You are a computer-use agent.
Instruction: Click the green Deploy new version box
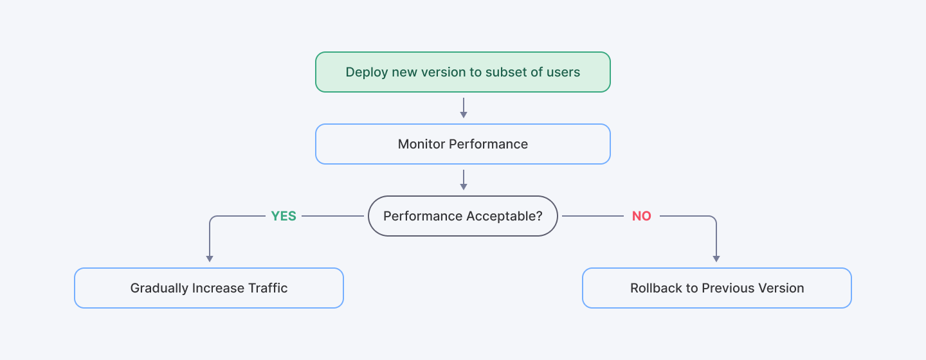[x=462, y=72]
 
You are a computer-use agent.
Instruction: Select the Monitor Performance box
[x=462, y=144]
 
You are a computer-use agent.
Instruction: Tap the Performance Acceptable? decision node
[x=462, y=216]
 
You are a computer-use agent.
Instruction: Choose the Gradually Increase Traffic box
[x=209, y=288]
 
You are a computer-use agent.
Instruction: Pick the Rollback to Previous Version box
[x=716, y=288]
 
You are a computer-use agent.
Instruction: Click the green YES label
[x=284, y=217]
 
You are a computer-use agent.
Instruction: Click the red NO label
[x=641, y=217]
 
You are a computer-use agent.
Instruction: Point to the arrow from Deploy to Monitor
[x=463, y=107]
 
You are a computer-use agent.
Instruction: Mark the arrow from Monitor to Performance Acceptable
[x=463, y=179]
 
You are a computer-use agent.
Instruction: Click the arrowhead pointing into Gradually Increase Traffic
[x=209, y=258]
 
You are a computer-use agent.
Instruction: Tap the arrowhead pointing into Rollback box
[x=716, y=258]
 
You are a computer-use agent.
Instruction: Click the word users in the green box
[x=563, y=73]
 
